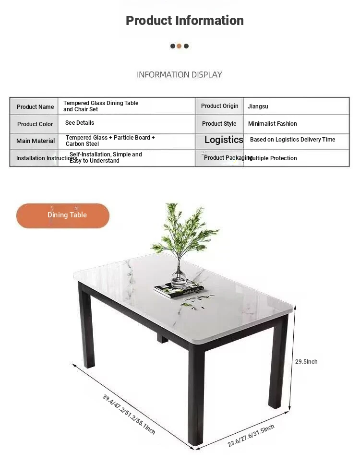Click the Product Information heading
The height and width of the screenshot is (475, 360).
point(185,21)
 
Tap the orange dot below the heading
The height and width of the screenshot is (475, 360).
point(179,46)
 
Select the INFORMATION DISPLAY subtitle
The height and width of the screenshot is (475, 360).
point(180,74)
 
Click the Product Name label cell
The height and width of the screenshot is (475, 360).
point(35,107)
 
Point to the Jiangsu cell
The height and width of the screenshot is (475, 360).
point(258,107)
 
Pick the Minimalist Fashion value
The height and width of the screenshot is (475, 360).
point(272,124)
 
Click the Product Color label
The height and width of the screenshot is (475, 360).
point(35,124)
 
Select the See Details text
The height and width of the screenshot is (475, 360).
point(80,123)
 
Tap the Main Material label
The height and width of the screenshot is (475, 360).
point(36,141)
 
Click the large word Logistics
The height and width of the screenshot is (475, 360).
point(224,140)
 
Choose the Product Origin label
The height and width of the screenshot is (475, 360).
point(219,106)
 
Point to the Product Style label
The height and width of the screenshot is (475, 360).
point(219,124)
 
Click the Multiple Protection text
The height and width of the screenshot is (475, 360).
point(272,158)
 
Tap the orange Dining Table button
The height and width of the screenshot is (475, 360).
point(63,215)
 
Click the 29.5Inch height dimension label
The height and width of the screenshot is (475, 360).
point(306,362)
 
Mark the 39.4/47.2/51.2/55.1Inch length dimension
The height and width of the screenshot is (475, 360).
point(129,414)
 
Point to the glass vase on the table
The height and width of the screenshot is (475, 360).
point(179,276)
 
